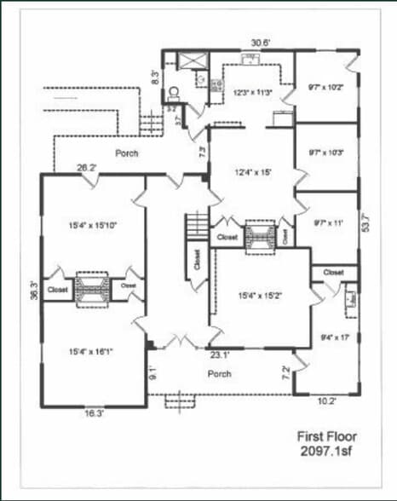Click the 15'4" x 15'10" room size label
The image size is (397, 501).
click(92, 226)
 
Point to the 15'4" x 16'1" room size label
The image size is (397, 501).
click(92, 350)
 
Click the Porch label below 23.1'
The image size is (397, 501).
click(221, 373)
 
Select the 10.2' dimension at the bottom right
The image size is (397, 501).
click(327, 400)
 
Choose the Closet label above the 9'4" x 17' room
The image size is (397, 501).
click(333, 272)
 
